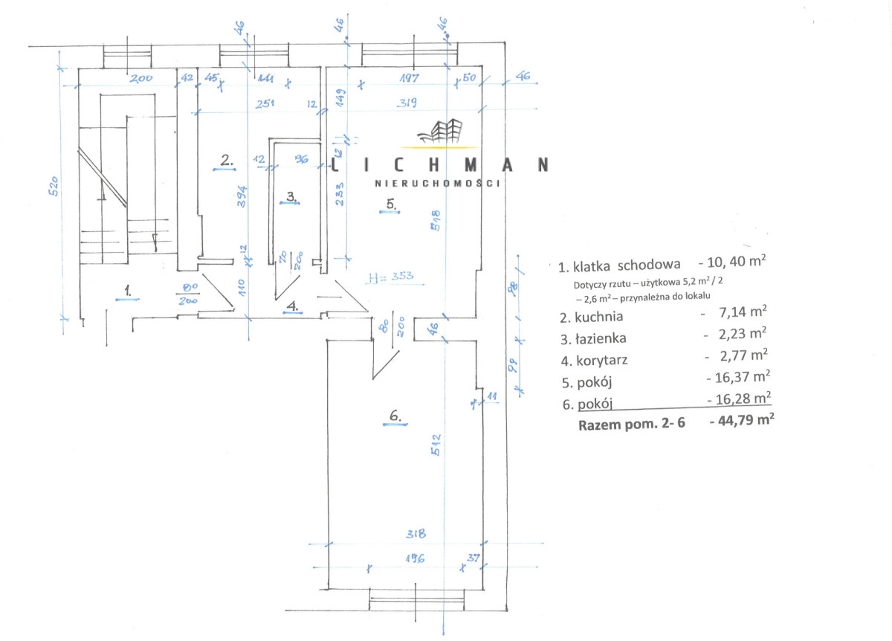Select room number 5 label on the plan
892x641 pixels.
[390, 202]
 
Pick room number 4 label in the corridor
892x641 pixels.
[293, 305]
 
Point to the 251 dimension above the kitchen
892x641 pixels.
[265, 103]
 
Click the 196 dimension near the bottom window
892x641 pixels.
[414, 559]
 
